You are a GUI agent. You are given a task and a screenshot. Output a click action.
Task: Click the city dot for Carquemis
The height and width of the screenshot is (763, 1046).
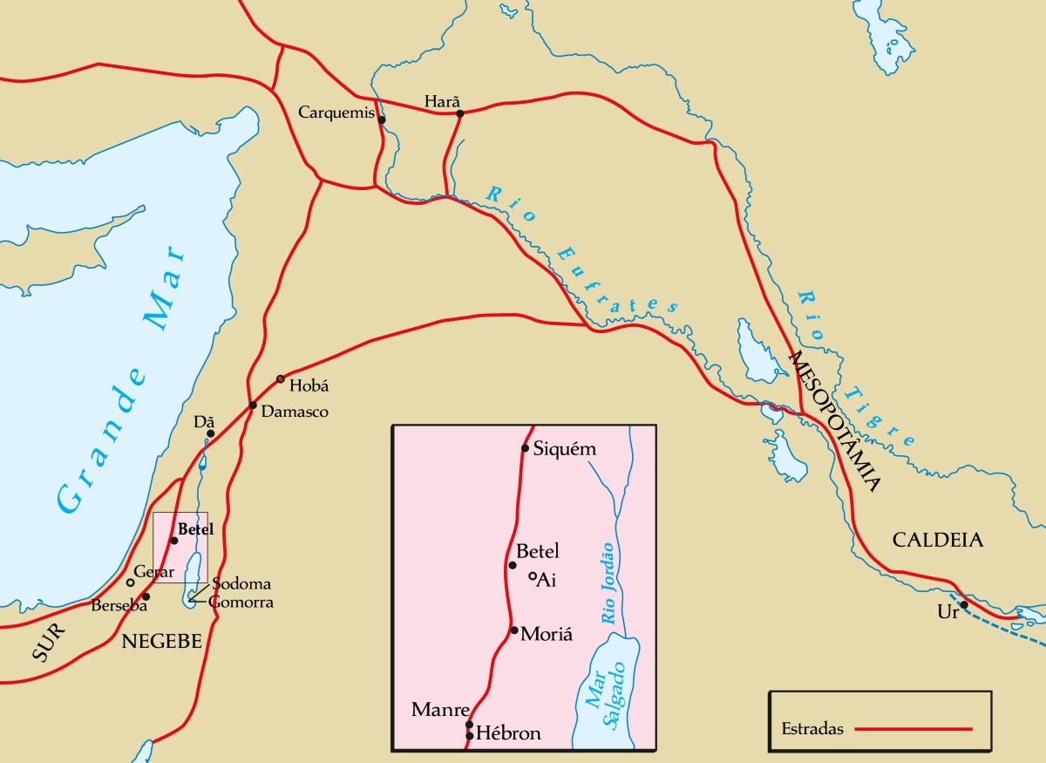tap(382, 119)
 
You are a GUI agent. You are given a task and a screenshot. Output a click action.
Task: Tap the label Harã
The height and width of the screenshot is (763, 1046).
tap(441, 101)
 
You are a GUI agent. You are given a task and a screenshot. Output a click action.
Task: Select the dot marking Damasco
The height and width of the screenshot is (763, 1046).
tap(252, 405)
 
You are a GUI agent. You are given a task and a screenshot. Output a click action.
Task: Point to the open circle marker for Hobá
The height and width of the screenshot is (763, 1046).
tap(280, 378)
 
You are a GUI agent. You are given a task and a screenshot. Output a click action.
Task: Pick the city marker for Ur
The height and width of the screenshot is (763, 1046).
tap(964, 604)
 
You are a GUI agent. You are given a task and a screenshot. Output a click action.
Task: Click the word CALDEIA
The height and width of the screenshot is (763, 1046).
tap(937, 541)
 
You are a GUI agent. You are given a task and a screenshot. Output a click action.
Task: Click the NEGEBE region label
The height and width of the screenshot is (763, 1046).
tap(162, 642)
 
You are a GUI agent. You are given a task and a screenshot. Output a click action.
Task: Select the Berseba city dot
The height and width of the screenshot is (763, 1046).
tap(146, 596)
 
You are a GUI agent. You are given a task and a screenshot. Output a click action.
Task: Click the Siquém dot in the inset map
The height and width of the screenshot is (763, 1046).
tap(525, 448)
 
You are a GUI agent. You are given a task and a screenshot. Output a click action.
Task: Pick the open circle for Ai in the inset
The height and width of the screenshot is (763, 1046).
tap(532, 576)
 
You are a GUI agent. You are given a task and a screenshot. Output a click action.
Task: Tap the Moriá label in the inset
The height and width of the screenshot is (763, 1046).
tap(547, 634)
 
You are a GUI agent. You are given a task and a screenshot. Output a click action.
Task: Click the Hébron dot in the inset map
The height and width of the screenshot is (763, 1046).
tap(469, 736)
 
